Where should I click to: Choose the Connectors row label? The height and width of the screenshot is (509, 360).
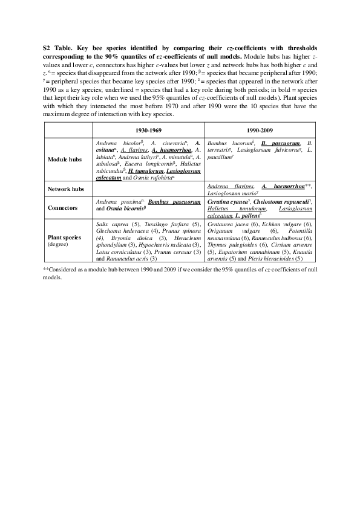pyautogui.click(x=65, y=207)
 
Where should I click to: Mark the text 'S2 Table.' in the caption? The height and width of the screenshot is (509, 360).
pyautogui.click(x=57, y=47)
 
